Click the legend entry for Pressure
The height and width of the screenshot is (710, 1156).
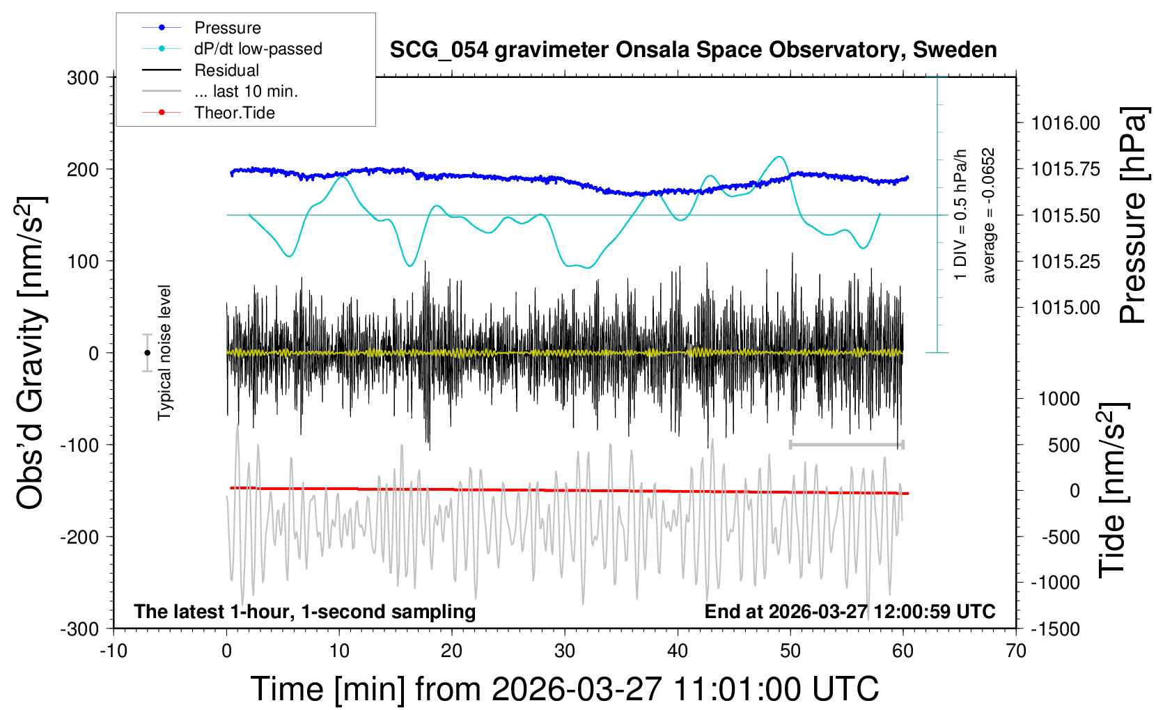[227, 28]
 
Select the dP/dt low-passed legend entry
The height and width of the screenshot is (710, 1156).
[258, 49]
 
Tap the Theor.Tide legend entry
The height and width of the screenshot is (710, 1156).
[234, 113]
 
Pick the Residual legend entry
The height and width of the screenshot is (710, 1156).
[226, 70]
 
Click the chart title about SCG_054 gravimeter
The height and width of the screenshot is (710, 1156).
[693, 50]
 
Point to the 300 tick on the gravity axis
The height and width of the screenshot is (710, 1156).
[83, 78]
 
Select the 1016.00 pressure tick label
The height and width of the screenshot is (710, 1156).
[1065, 124]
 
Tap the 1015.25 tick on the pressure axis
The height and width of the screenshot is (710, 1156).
[1065, 262]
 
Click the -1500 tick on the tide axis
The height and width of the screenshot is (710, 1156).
[1056, 629]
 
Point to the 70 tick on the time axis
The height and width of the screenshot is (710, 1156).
[1016, 652]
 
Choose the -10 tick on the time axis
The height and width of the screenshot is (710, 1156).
[114, 652]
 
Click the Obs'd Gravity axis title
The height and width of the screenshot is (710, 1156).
[31, 353]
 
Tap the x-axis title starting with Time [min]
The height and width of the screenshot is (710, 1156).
[564, 689]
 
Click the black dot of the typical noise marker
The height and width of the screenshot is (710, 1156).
[147, 353]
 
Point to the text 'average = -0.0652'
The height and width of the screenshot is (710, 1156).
[989, 215]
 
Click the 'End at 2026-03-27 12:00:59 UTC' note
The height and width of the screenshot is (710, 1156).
[850, 612]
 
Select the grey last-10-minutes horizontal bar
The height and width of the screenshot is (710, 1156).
[846, 444]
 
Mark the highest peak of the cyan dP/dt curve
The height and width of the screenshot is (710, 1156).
[780, 157]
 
